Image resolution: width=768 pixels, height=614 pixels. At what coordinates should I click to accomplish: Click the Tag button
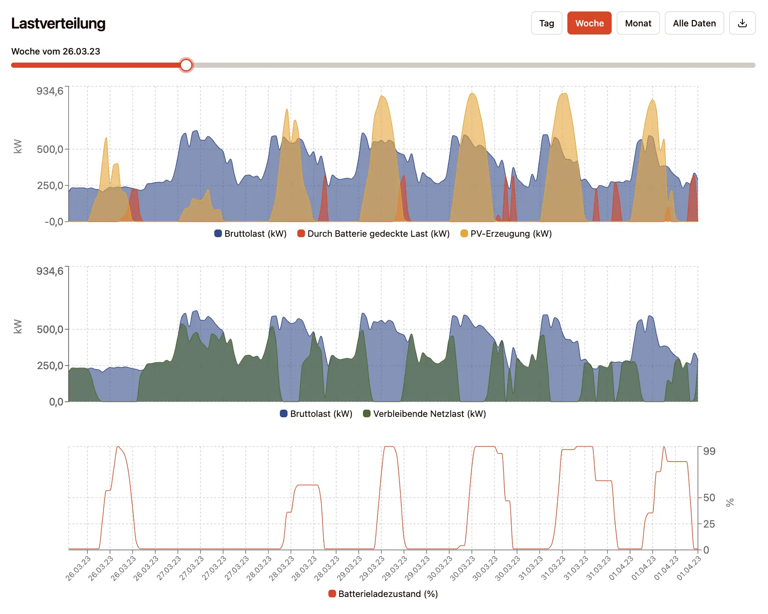pyautogui.click(x=547, y=23)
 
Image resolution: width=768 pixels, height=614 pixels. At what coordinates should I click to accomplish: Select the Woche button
pyautogui.click(x=589, y=23)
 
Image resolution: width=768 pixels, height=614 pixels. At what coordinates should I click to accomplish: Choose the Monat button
pyautogui.click(x=638, y=23)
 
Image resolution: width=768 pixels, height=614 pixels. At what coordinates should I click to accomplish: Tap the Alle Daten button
pyautogui.click(x=694, y=23)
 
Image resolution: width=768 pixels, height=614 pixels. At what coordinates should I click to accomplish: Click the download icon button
pyautogui.click(x=742, y=23)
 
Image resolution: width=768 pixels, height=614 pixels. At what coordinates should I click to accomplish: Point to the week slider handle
pyautogui.click(x=186, y=65)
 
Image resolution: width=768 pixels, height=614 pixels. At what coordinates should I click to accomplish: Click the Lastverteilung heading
pyautogui.click(x=58, y=23)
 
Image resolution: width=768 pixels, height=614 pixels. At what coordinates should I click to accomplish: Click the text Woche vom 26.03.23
pyautogui.click(x=56, y=52)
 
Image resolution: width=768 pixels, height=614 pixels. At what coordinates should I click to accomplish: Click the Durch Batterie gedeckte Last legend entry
pyautogui.click(x=374, y=234)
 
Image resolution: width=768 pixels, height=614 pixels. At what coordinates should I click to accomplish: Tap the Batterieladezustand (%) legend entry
pyautogui.click(x=383, y=594)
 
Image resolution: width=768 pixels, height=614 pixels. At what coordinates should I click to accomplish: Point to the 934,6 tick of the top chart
pyautogui.click(x=50, y=91)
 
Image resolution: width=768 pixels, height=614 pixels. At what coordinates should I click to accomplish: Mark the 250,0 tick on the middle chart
pyautogui.click(x=50, y=365)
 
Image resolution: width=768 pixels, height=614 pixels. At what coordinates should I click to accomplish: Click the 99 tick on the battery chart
pyautogui.click(x=709, y=451)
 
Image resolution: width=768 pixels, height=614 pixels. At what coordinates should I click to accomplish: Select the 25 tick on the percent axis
pyautogui.click(x=709, y=524)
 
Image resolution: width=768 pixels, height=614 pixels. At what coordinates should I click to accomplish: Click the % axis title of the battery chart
pyautogui.click(x=730, y=502)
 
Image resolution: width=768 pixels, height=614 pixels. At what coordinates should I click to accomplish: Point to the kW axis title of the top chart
pyautogui.click(x=17, y=146)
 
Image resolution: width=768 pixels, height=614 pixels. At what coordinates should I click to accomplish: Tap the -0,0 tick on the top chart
pyautogui.click(x=54, y=222)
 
